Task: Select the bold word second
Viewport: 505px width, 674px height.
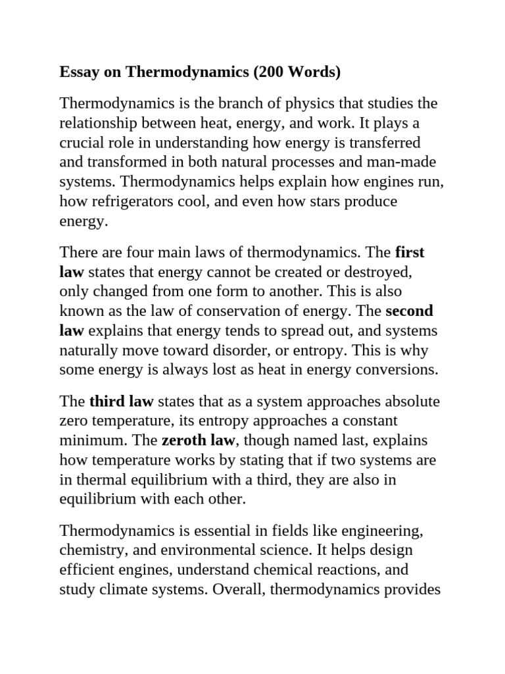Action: pyautogui.click(x=409, y=311)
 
